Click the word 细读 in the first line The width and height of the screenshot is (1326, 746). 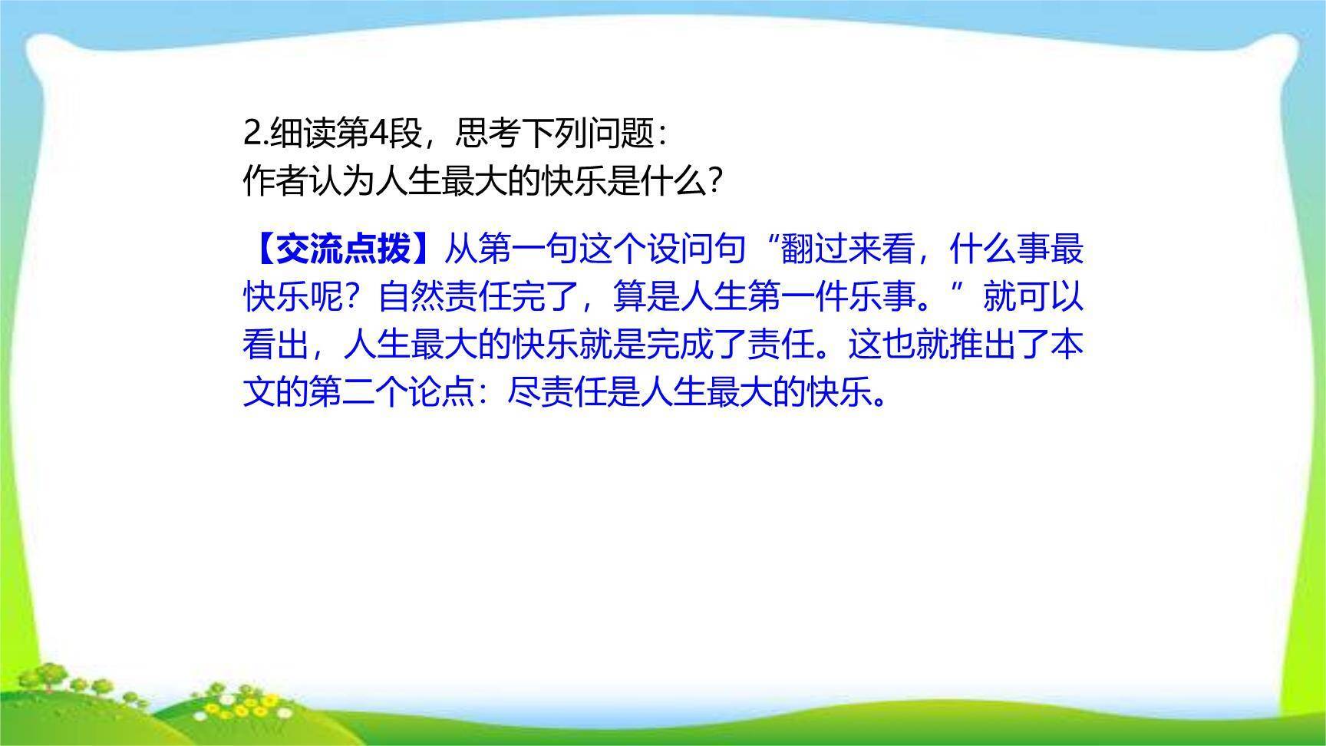[303, 134]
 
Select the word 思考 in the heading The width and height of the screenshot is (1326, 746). [488, 134]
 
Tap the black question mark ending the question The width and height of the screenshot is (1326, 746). [714, 182]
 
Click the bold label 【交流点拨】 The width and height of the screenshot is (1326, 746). [342, 249]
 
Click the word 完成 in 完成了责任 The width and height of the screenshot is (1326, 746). [679, 345]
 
